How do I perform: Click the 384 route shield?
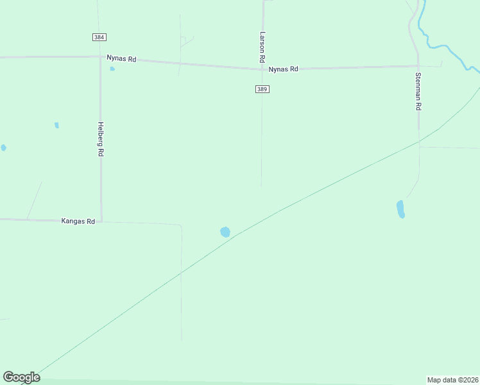click(99, 37)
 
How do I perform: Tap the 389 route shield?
click(262, 89)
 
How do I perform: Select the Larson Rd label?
click(262, 47)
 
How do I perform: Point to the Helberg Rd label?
click(100, 139)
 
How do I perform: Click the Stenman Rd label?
click(418, 91)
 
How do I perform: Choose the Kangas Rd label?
click(78, 221)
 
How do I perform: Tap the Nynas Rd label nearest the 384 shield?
click(122, 58)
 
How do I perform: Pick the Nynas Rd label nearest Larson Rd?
click(284, 69)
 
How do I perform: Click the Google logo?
click(21, 377)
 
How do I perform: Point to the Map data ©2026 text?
click(452, 379)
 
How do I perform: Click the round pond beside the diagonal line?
click(225, 232)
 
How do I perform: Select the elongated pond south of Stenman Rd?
click(400, 209)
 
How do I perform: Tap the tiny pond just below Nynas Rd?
click(112, 69)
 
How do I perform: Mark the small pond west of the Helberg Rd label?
click(56, 125)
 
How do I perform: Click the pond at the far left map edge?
click(3, 148)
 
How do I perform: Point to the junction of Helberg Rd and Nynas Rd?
click(100, 58)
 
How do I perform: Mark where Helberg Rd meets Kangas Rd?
click(101, 221)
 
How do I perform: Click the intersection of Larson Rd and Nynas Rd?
click(262, 68)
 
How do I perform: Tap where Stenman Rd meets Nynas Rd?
click(418, 65)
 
